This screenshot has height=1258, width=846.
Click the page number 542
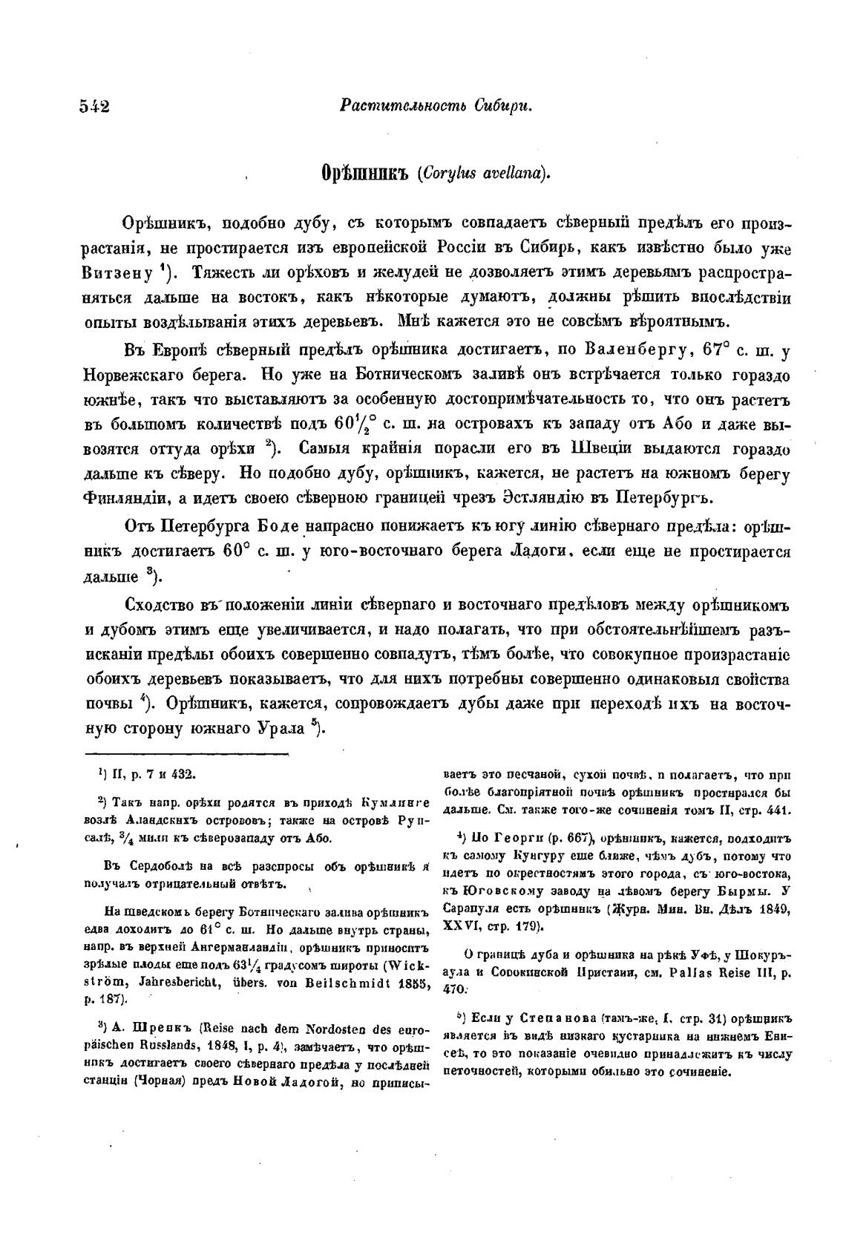tap(94, 106)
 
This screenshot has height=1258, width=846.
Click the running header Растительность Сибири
tap(436, 106)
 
